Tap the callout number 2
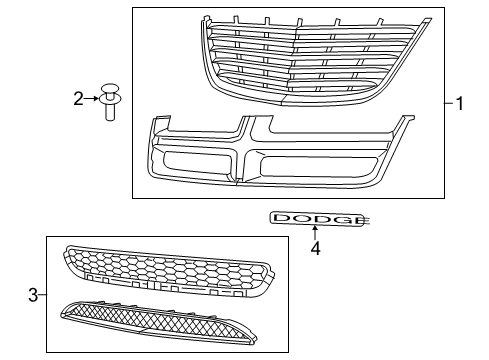(x=78, y=98)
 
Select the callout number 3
(x=33, y=295)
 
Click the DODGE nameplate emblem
(x=314, y=218)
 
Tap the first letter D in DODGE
(x=282, y=218)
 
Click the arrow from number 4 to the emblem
(x=314, y=234)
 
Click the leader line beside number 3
(x=43, y=295)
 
